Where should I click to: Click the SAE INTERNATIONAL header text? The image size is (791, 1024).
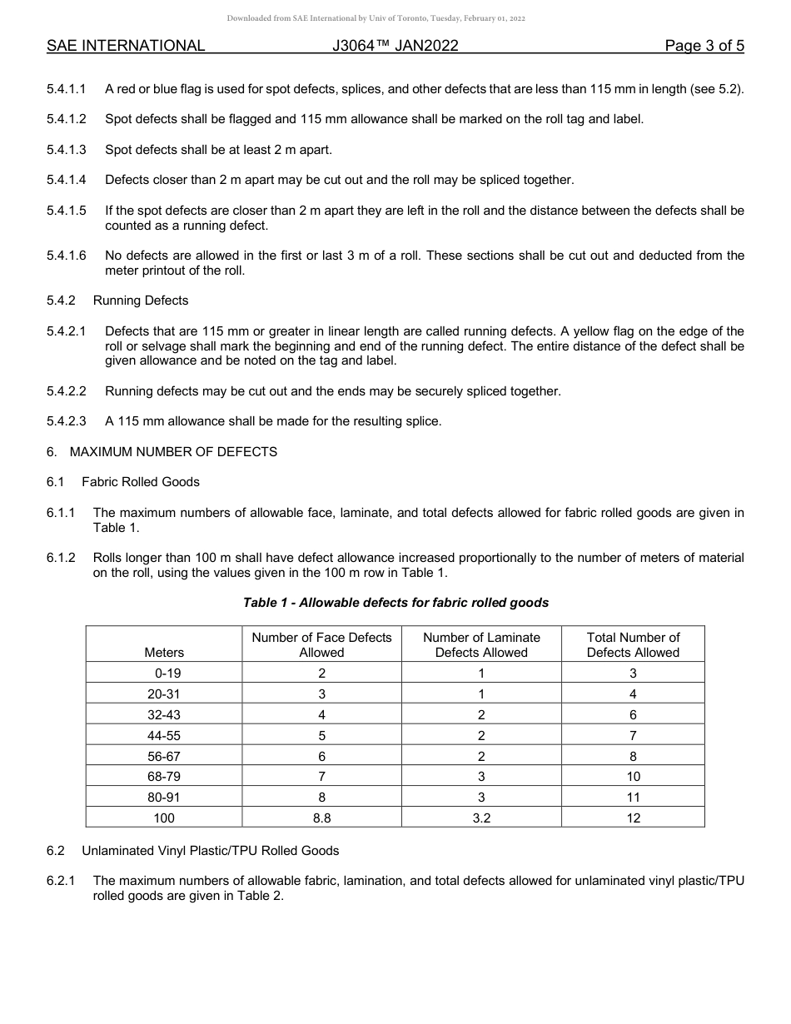[126, 46]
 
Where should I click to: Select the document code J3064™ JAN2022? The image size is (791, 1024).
[395, 46]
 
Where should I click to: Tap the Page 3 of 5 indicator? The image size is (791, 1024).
[704, 46]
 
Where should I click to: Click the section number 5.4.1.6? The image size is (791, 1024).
[67, 256]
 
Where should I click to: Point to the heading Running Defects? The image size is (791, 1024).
[141, 301]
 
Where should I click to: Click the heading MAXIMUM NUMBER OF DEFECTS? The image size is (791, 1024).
[173, 452]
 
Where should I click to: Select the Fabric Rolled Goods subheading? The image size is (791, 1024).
[141, 482]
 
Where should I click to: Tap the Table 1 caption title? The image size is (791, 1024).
[395, 602]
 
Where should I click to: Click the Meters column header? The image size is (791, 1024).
[164, 653]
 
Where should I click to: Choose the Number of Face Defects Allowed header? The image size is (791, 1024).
[321, 644]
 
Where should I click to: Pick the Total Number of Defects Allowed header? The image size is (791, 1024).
[633, 644]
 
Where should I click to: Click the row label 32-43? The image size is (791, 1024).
[164, 714]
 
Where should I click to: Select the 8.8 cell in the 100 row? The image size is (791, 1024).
[321, 818]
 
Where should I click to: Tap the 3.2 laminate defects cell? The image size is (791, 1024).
[481, 818]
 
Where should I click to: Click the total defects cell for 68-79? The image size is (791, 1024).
[633, 776]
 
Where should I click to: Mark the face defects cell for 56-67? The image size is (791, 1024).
[321, 756]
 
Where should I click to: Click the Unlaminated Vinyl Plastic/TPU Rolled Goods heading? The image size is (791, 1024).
[211, 851]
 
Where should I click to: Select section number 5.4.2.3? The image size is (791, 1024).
[67, 421]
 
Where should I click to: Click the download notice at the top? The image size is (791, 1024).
[376, 18]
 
